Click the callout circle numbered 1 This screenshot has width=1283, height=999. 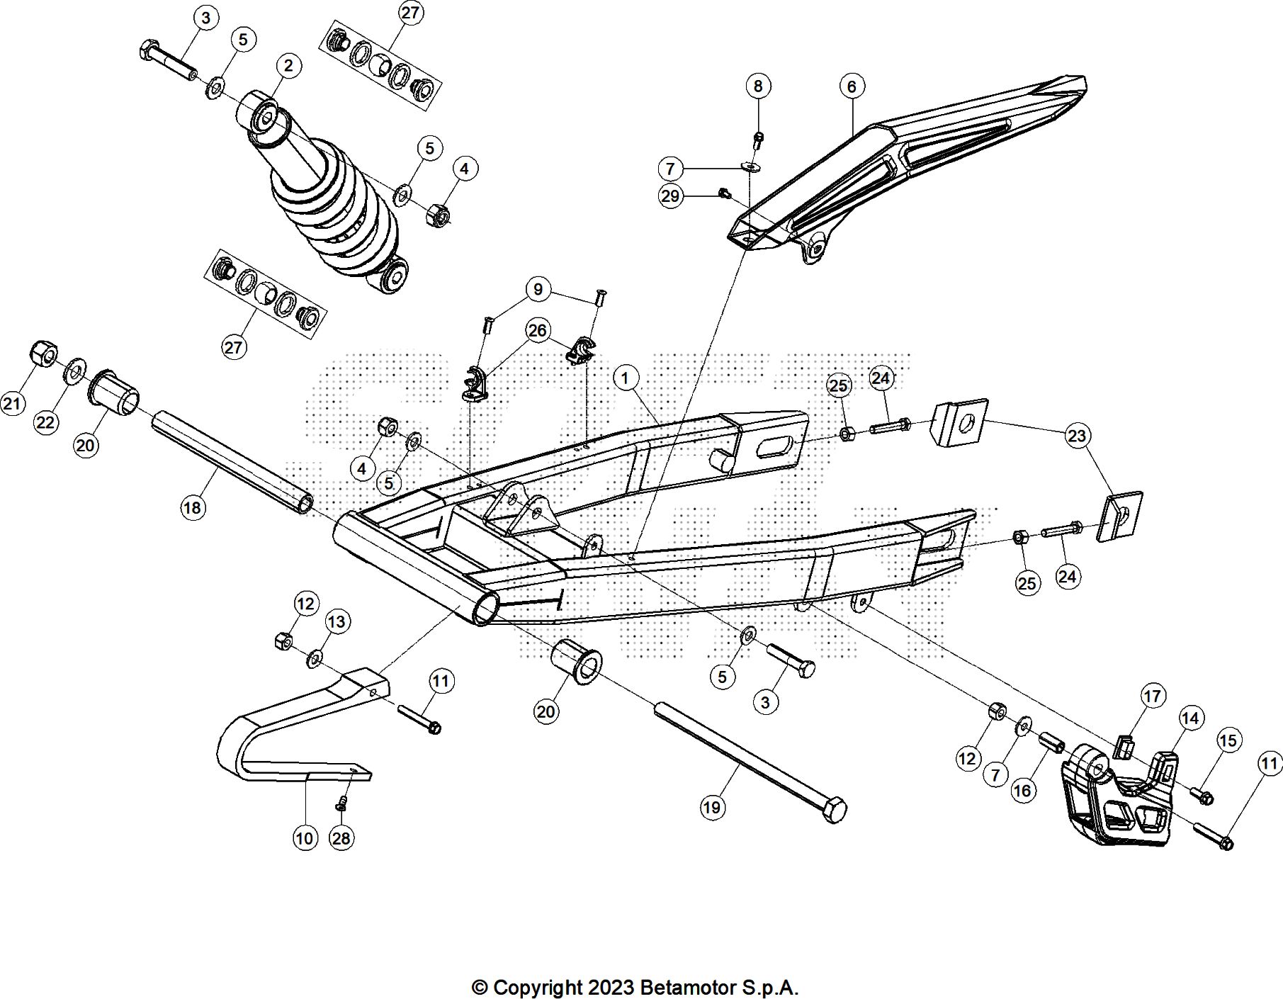[625, 378]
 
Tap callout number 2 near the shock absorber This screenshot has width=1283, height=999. [288, 66]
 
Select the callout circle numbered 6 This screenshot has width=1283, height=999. [852, 86]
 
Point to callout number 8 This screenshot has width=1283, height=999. [758, 86]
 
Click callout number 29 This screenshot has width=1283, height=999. [670, 196]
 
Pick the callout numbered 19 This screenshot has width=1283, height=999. [712, 807]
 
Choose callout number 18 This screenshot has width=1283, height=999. [192, 507]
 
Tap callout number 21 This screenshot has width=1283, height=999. [12, 404]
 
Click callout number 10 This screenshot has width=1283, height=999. [304, 838]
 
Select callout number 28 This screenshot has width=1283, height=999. [341, 838]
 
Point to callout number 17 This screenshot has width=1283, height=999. [1153, 696]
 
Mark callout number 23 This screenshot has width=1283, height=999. [1077, 436]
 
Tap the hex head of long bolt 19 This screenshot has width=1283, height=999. [835, 810]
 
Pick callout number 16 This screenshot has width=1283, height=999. [1022, 790]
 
